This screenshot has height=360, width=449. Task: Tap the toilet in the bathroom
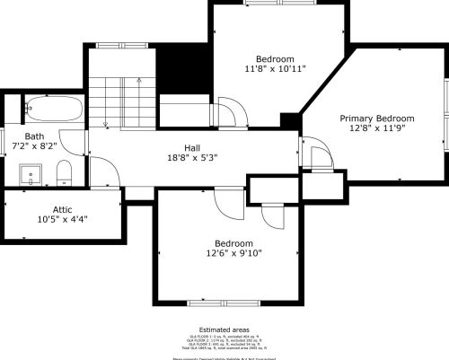63,171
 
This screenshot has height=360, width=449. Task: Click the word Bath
35,136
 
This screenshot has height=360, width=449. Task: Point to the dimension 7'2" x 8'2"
35,146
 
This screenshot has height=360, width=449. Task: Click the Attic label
62,208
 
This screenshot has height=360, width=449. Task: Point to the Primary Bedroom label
376,118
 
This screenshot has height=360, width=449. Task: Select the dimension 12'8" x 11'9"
376,128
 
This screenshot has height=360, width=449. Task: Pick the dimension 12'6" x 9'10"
233,253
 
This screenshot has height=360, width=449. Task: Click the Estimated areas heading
224,329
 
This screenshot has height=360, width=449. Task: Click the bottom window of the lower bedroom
224,303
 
